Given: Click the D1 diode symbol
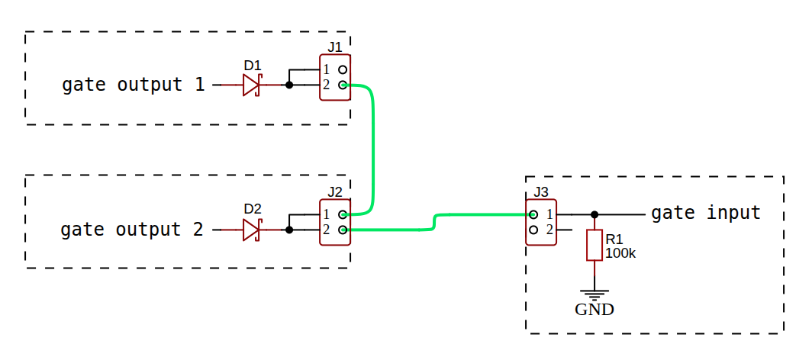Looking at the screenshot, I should click(x=252, y=85).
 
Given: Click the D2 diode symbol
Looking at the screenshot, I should click(x=252, y=230).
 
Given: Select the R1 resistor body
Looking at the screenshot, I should click(x=594, y=246).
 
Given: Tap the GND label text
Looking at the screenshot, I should click(x=594, y=310).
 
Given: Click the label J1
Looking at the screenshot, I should click(x=335, y=47).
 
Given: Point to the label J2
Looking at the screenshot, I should click(x=335, y=191).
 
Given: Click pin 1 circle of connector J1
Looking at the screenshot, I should click(x=343, y=69).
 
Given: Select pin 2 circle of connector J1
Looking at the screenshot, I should click(x=343, y=85).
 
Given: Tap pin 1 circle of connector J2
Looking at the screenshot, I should click(x=343, y=214).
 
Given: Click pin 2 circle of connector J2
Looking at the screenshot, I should click(x=343, y=230).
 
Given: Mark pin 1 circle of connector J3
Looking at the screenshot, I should click(x=533, y=214).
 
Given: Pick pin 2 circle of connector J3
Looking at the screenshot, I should click(x=533, y=230).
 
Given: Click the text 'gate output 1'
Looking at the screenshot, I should click(x=134, y=85).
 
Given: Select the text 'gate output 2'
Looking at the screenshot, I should click(x=132, y=230).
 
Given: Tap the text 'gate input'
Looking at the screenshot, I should click(x=706, y=213).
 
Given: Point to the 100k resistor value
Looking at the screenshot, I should click(x=620, y=252).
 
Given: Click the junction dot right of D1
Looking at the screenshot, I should click(x=288, y=85).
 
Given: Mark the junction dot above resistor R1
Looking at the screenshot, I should click(x=594, y=214).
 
